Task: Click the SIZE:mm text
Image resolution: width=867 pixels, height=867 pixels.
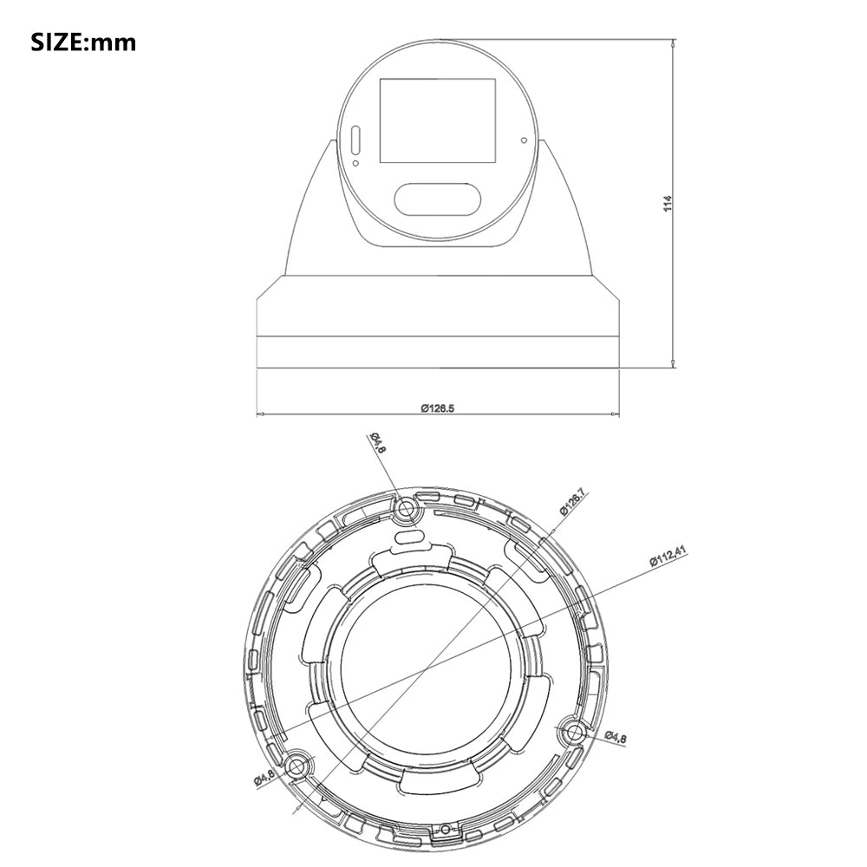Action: click(84, 42)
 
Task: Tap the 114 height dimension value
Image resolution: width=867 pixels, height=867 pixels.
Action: click(667, 203)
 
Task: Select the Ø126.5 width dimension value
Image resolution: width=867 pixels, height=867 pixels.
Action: click(438, 407)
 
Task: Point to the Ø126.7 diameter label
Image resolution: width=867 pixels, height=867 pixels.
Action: click(572, 503)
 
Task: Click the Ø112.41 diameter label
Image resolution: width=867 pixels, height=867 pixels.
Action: click(668, 556)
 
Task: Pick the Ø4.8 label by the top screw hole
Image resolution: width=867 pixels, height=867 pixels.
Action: click(378, 442)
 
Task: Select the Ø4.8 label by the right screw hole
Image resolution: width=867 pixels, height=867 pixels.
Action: click(616, 737)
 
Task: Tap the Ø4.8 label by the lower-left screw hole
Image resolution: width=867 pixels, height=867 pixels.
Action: click(264, 778)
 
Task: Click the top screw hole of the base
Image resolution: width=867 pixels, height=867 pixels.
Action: click(405, 511)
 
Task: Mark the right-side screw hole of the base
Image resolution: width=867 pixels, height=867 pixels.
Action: click(572, 731)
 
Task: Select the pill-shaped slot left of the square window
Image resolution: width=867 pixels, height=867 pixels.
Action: click(355, 140)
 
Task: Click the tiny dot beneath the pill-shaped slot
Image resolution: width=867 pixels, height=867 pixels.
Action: click(355, 161)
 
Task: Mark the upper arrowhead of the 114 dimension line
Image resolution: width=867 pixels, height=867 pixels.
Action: click(675, 42)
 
